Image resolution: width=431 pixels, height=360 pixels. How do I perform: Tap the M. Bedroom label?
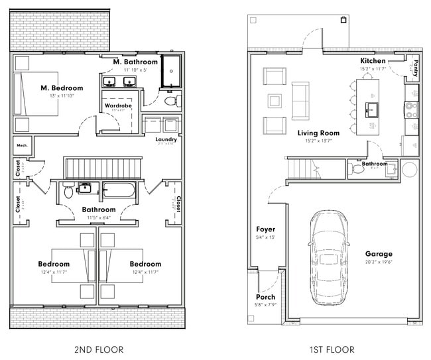62,88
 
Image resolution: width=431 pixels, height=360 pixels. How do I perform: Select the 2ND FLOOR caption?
99,349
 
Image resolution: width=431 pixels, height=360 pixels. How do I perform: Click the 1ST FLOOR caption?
332,349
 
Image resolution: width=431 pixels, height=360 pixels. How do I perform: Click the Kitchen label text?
373,61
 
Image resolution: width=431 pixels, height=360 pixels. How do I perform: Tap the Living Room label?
318,133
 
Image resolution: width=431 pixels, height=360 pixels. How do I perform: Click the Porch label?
265,296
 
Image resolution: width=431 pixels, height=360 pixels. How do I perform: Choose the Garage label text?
379,254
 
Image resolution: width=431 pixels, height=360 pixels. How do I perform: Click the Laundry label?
166,139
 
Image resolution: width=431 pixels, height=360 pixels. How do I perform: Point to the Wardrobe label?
118,105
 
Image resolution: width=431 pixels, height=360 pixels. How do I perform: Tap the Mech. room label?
21,145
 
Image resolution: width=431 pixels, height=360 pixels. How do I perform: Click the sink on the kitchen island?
373,108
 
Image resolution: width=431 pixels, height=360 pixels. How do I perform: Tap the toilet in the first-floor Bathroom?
359,170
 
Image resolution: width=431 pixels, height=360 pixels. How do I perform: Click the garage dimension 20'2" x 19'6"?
379,263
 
